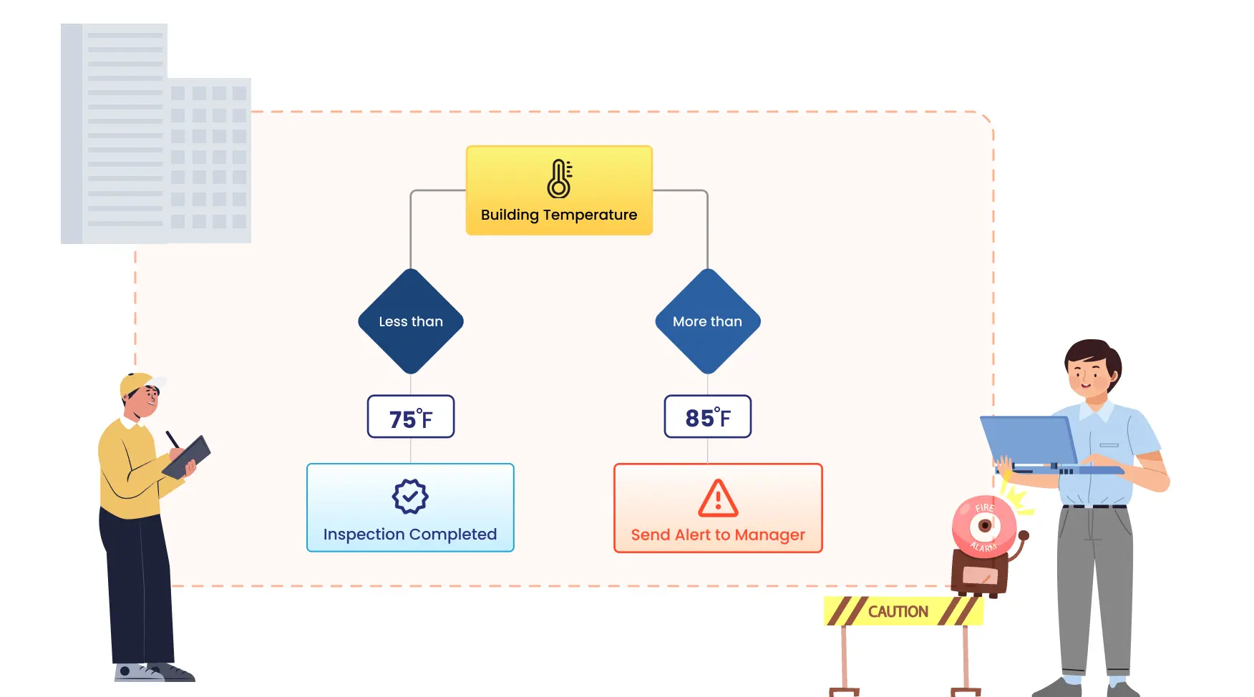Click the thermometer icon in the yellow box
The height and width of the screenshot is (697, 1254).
559,179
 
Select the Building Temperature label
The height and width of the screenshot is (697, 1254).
559,215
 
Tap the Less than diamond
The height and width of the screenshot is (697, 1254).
411,321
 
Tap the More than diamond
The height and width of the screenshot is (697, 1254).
708,321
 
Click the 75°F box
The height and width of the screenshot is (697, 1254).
411,416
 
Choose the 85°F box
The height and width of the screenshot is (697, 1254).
708,416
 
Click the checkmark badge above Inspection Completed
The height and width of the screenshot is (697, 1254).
410,496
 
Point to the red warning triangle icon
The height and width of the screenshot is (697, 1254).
718,498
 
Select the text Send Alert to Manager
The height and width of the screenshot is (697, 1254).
718,535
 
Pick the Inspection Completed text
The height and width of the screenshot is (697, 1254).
410,535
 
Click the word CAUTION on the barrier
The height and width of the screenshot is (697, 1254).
898,612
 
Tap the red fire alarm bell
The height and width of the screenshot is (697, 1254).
984,526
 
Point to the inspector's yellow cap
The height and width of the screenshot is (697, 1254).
137,382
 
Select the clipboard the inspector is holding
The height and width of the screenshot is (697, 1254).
187,457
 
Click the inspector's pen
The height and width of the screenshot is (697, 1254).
172,439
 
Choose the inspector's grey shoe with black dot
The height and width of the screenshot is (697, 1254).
135,673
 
